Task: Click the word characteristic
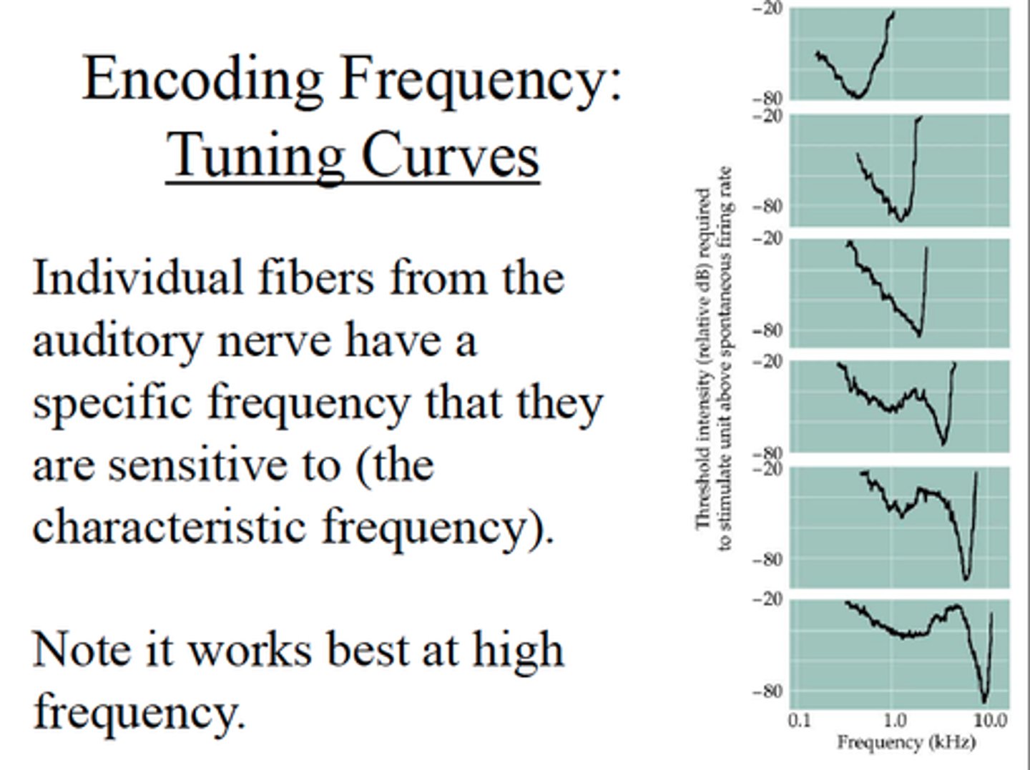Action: tap(172, 528)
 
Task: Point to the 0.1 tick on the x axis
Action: tap(800, 720)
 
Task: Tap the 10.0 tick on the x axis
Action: tap(991, 720)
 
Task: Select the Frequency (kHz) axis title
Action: tap(906, 743)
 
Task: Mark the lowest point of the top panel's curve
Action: tap(858, 96)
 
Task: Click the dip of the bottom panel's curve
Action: tap(984, 701)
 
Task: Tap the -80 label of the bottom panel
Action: tap(767, 691)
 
